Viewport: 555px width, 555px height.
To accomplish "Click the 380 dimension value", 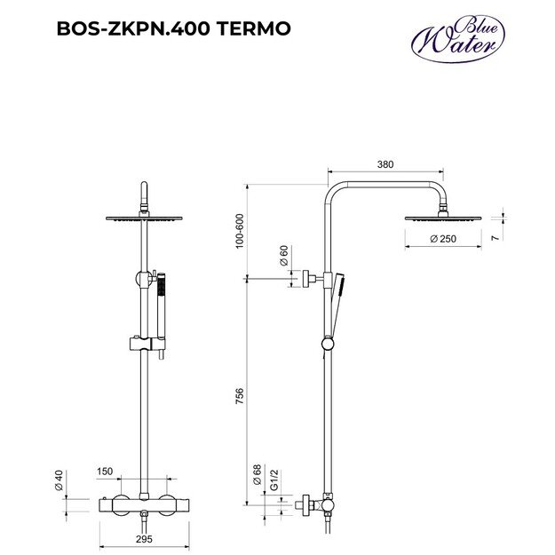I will coord(385,163).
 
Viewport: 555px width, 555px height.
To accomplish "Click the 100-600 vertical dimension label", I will coord(239,232).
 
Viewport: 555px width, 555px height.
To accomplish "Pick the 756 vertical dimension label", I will coord(239,395).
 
